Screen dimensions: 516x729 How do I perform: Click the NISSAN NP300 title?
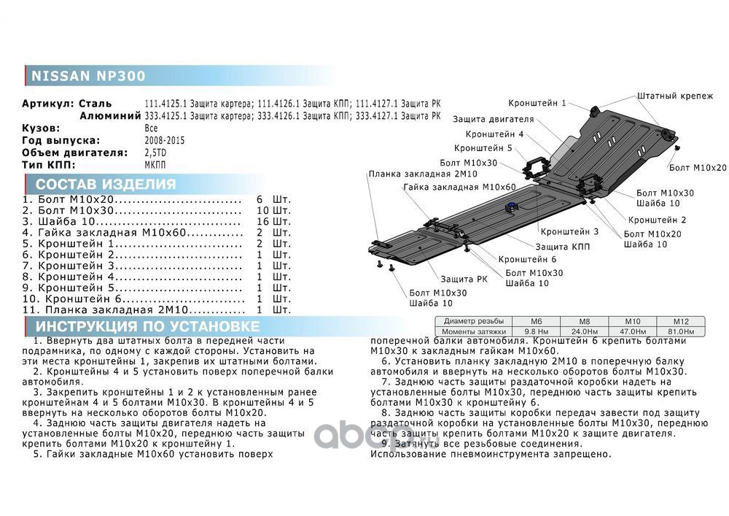tap(87, 76)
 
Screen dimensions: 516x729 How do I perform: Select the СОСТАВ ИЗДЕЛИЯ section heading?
tap(106, 184)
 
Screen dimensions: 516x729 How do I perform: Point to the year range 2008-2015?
tap(165, 140)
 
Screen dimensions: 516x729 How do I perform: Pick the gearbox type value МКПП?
tap(155, 165)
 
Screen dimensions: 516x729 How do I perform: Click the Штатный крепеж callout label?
tap(675, 96)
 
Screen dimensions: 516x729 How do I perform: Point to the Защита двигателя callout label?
tap(493, 119)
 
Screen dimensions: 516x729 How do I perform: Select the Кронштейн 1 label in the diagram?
tap(537, 104)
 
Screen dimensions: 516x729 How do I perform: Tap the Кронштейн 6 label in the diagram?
tap(528, 259)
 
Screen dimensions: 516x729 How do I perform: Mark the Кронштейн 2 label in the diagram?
tap(657, 219)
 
